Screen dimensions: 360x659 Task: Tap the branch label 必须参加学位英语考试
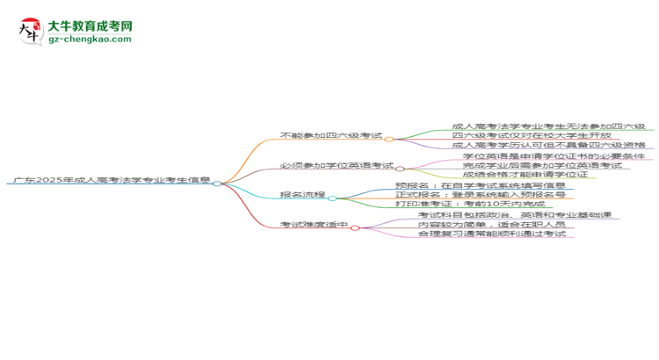pos(337,165)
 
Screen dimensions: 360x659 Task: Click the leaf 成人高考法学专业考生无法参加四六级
pos(548,126)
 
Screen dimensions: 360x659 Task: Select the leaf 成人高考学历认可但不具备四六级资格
pos(548,146)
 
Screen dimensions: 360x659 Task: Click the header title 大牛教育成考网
pos(90,27)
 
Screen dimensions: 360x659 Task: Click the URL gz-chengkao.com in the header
pos(90,40)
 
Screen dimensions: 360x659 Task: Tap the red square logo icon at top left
pos(30,32)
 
